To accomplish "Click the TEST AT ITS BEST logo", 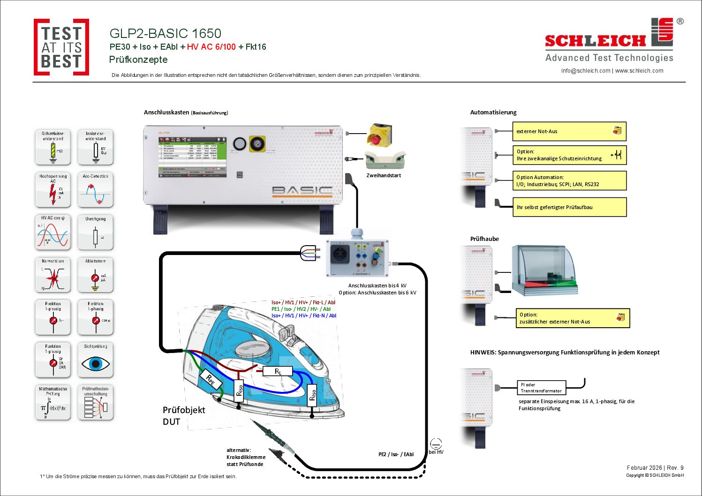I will coord(61,47).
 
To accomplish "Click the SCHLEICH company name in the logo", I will coord(595,41).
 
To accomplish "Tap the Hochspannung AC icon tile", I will coord(53,190).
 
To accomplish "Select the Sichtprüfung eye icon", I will coord(96,360).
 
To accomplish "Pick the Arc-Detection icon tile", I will coord(96,190).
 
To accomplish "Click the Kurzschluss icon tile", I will coord(53,275).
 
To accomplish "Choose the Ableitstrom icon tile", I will coord(96,275).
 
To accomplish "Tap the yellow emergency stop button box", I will coord(379,135).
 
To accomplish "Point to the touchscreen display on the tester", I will coord(192,157).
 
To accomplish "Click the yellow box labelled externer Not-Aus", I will coord(569,131).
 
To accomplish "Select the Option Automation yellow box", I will coord(569,180).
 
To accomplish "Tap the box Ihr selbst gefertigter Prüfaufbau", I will coord(569,207).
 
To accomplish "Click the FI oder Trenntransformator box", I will coord(541,388).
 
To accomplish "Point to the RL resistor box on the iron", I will coord(278,371).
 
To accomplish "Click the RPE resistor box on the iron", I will coord(211,380).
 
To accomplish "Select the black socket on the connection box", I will coord(340,255).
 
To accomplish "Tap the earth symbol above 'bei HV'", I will coord(436,443).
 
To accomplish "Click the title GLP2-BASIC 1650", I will coord(165,33).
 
